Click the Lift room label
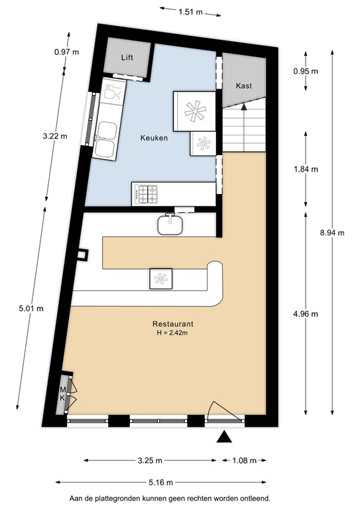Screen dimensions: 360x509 (x=127, y=58)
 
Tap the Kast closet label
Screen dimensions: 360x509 (x=244, y=85)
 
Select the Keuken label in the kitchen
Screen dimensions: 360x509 (x=154, y=138)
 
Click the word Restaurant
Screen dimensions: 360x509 (x=172, y=323)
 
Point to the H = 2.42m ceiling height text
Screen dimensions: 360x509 (x=172, y=333)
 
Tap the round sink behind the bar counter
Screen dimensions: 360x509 (x=170, y=224)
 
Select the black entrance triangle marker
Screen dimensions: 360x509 (x=224, y=437)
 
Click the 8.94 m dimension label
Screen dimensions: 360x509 (x=332, y=233)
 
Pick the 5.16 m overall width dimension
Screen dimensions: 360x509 (x=160, y=482)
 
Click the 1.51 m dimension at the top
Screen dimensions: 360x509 (x=190, y=12)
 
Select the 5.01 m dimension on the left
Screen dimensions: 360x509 (x=31, y=308)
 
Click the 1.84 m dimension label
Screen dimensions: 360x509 (x=306, y=169)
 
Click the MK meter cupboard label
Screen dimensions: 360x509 (x=62, y=394)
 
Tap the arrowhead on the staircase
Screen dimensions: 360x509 (x=244, y=107)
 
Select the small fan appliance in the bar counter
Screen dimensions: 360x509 (x=160, y=279)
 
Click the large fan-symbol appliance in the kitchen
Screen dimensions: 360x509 (x=195, y=111)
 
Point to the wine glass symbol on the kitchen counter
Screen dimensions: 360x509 (x=112, y=92)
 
